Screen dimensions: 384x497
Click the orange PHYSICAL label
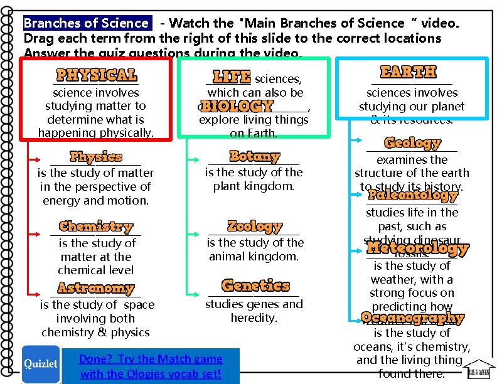pyautogui.click(x=97, y=75)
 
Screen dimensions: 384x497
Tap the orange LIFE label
pyautogui.click(x=232, y=77)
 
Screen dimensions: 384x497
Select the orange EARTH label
pyautogui.click(x=408, y=72)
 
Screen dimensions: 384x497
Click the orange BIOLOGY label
pyautogui.click(x=236, y=106)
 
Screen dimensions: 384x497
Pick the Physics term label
pyautogui.click(x=96, y=156)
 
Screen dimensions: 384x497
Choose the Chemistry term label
pyautogui.click(x=96, y=227)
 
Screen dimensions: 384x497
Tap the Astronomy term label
pyautogui.click(x=96, y=288)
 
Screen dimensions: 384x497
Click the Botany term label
pyautogui.click(x=254, y=156)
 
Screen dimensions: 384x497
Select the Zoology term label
pyautogui.click(x=255, y=226)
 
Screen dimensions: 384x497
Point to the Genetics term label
pyautogui.click(x=255, y=286)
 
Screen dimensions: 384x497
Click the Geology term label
pyautogui.click(x=412, y=143)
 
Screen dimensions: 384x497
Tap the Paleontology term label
pyautogui.click(x=412, y=195)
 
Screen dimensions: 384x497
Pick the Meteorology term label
pyautogui.click(x=417, y=248)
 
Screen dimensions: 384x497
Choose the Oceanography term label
pyautogui.click(x=412, y=317)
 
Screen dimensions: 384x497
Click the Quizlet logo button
pyautogui.click(x=41, y=365)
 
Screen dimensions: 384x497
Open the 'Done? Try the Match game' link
pyautogui.click(x=151, y=366)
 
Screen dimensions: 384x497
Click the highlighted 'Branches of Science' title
pyautogui.click(x=86, y=23)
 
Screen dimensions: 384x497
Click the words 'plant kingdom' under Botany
pyautogui.click(x=254, y=186)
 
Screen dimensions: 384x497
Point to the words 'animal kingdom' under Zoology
pyautogui.click(x=254, y=256)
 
